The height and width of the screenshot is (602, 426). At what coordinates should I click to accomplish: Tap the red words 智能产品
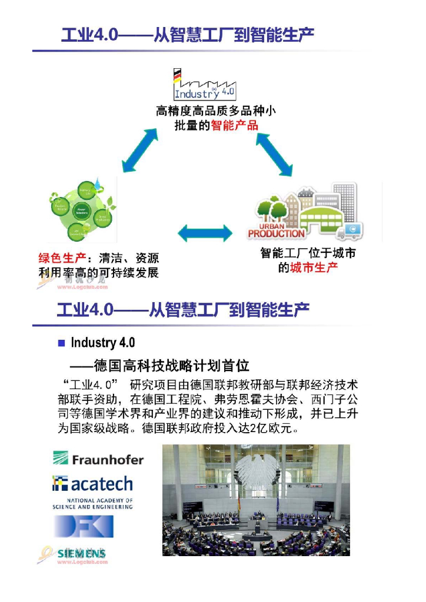tap(234, 125)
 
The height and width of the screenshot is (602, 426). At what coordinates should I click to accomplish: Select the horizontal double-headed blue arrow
tap(204, 233)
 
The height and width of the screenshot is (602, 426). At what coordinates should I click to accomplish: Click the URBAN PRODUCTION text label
tap(277, 230)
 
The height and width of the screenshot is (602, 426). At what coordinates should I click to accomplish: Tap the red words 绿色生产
tap(60, 259)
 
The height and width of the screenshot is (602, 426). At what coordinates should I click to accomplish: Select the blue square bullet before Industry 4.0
tap(61, 343)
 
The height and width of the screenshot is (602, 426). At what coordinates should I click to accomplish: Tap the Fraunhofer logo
tap(98, 459)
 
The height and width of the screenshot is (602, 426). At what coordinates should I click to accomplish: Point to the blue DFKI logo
tap(92, 526)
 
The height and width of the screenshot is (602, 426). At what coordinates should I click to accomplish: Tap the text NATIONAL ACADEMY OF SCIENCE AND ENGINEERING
tap(92, 503)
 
